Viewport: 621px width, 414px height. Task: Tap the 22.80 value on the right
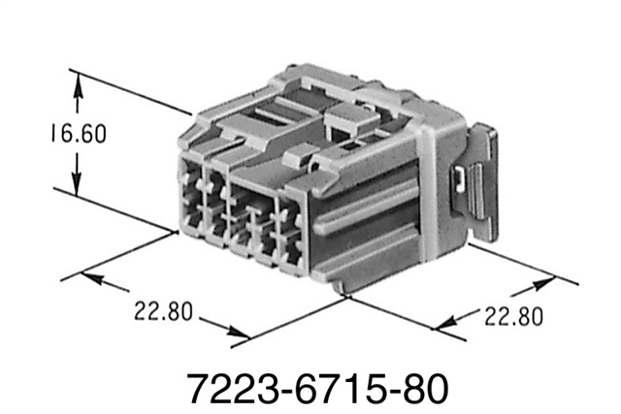click(x=507, y=316)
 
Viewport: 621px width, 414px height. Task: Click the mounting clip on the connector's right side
click(x=477, y=184)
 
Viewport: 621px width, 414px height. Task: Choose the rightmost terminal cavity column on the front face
click(x=289, y=233)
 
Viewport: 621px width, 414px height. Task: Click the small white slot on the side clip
click(x=460, y=177)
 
